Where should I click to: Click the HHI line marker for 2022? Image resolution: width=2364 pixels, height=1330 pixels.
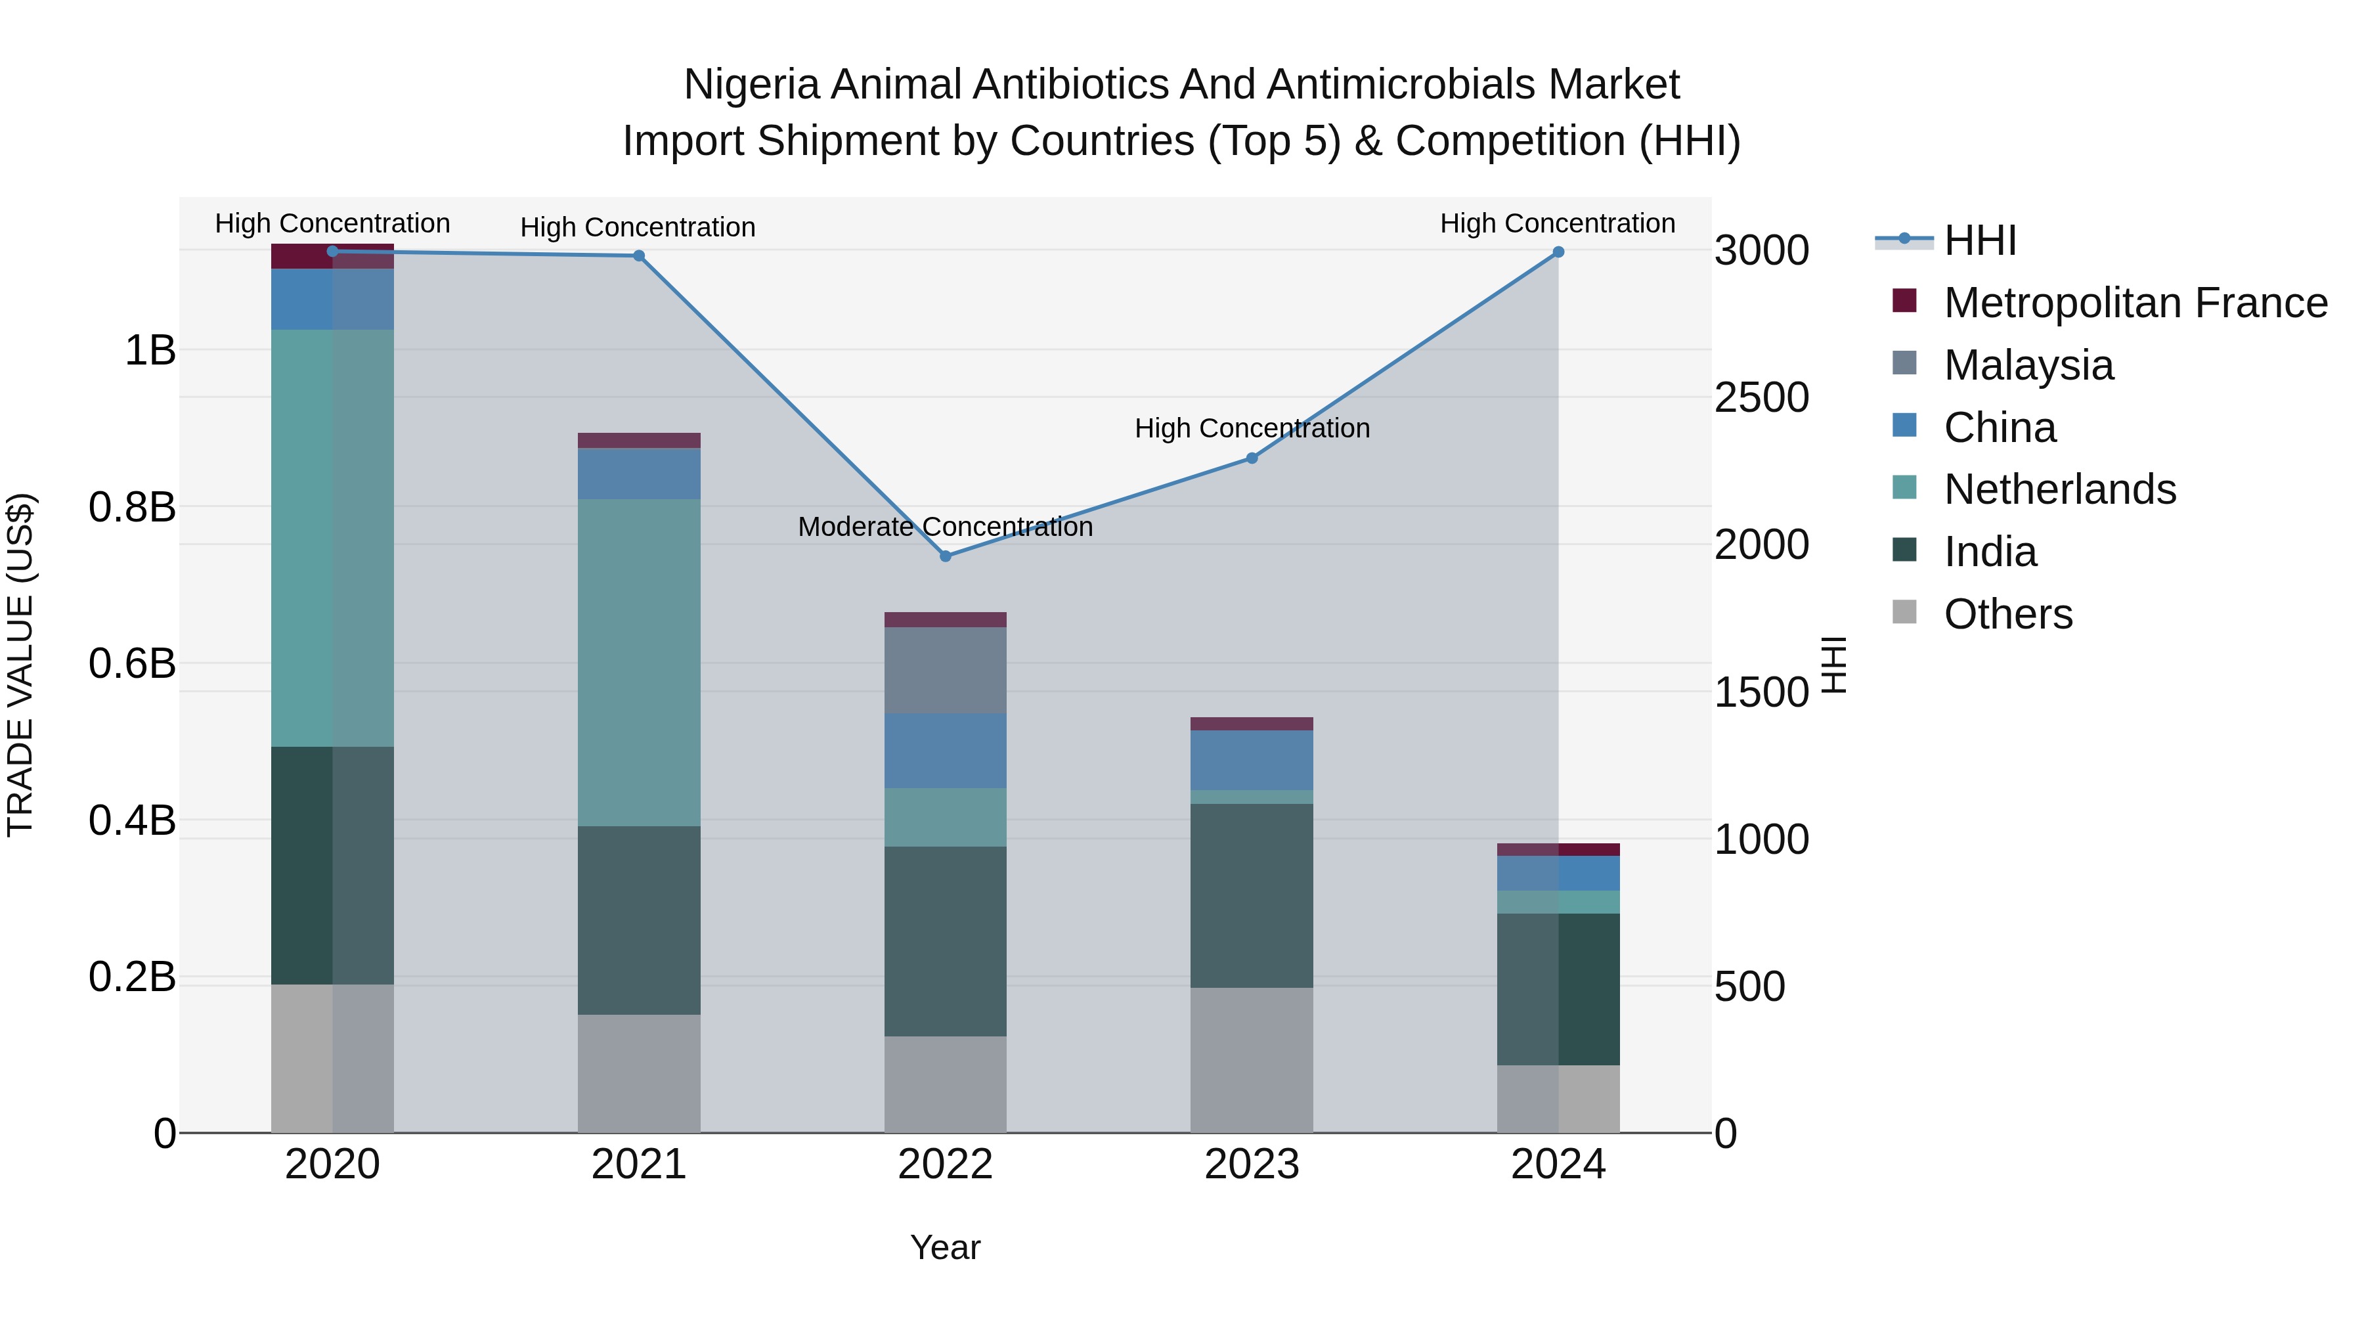click(945, 556)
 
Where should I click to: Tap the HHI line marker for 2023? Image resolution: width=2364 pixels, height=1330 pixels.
click(1252, 458)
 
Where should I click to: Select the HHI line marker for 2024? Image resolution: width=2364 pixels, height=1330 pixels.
click(1558, 252)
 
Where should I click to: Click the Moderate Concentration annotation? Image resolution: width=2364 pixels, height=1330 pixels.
click(945, 527)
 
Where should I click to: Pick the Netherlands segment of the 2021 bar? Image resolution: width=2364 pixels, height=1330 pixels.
click(639, 662)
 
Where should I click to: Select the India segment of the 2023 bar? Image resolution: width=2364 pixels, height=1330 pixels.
click(1252, 896)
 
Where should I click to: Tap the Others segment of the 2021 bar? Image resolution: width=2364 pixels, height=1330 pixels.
click(639, 1073)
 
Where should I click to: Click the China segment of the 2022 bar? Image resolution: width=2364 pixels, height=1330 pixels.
click(945, 751)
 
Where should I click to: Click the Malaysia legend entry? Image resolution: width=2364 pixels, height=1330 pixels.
click(2028, 365)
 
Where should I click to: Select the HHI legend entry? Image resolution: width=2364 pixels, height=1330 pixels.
click(1979, 240)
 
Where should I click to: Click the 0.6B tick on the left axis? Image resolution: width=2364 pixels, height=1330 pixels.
click(132, 663)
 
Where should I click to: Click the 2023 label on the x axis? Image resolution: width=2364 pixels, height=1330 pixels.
click(1252, 1164)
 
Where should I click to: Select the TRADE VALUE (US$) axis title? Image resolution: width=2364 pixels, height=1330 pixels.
click(20, 665)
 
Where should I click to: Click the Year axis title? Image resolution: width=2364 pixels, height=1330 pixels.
click(945, 1247)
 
